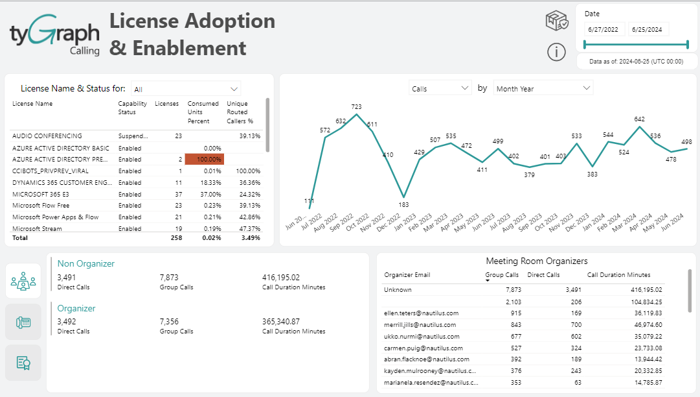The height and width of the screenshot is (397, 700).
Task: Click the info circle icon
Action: (556, 52)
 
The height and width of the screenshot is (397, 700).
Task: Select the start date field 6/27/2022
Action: (604, 29)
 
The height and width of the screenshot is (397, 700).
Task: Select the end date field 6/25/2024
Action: (648, 29)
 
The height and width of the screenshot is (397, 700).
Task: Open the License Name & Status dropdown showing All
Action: (185, 89)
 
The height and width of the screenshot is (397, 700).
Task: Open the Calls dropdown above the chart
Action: (440, 88)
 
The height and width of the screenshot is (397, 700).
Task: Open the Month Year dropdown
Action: (543, 88)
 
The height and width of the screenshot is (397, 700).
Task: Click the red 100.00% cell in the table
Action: (204, 160)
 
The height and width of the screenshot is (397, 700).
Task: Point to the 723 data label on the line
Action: (356, 106)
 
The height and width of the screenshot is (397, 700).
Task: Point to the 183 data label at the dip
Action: (403, 205)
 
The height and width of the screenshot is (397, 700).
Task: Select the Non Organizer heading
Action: (85, 263)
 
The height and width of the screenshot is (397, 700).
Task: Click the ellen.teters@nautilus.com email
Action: (421, 313)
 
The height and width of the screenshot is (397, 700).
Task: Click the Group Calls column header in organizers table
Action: (502, 275)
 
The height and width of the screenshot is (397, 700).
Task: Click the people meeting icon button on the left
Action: (23, 281)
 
